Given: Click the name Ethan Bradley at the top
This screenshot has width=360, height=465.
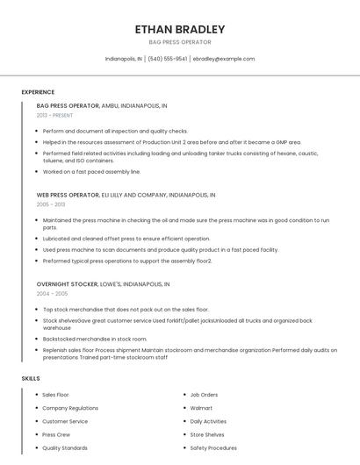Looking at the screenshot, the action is coord(180,29).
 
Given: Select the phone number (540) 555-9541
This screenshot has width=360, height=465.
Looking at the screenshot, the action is coord(167,59).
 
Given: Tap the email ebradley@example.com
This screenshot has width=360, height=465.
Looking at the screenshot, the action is coord(224,59).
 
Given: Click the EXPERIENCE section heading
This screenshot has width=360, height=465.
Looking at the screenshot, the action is coord(38,92).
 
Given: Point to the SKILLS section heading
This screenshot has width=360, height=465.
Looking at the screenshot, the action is coord(31,378).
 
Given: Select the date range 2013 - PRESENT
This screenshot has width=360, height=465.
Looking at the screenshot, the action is coord(54,115).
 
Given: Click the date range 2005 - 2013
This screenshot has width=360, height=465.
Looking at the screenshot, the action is coord(50,204).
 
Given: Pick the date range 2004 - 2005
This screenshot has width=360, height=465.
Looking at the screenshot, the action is coord(51,294).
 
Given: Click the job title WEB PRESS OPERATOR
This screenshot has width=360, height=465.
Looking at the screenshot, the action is coord(68,195).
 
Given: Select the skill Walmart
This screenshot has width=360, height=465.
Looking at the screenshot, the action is coord(201,408).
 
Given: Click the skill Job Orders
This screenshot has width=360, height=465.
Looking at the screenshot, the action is coord(204,395).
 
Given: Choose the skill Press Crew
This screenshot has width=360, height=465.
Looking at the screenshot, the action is coord(56,434).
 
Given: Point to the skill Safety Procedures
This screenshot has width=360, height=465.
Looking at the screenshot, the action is coord(213,447).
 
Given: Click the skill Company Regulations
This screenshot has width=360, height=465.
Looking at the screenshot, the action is coord(70,408).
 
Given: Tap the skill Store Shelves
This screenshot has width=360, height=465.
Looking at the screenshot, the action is coord(207,434).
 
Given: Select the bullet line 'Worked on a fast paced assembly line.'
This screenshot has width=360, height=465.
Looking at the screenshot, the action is coord(91,172).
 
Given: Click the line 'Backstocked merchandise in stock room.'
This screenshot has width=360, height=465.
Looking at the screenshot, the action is coord(95,338).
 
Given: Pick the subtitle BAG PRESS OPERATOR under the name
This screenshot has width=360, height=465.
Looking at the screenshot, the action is coord(180,42).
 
